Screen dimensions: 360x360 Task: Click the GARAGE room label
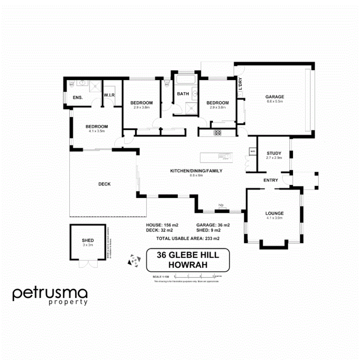(274, 97)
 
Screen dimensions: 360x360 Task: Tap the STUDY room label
(274, 153)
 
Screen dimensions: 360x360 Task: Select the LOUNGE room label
(274, 213)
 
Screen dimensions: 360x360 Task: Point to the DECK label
(104, 184)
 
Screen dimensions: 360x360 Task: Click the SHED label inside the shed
(88, 240)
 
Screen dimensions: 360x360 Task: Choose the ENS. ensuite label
(78, 98)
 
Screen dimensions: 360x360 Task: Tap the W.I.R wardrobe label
(108, 95)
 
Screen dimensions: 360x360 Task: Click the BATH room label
(183, 94)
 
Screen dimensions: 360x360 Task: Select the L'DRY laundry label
(240, 84)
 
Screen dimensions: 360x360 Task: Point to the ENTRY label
(271, 180)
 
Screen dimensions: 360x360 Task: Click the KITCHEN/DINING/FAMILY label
(196, 171)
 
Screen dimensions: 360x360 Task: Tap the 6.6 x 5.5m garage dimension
(275, 102)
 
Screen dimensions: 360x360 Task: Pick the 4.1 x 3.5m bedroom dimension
(96, 131)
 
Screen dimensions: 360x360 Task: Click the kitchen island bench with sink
(216, 157)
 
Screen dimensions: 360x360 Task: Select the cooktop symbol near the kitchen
(217, 132)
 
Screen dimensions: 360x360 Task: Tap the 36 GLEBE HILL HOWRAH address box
(188, 260)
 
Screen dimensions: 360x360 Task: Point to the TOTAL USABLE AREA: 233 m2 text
(188, 238)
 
